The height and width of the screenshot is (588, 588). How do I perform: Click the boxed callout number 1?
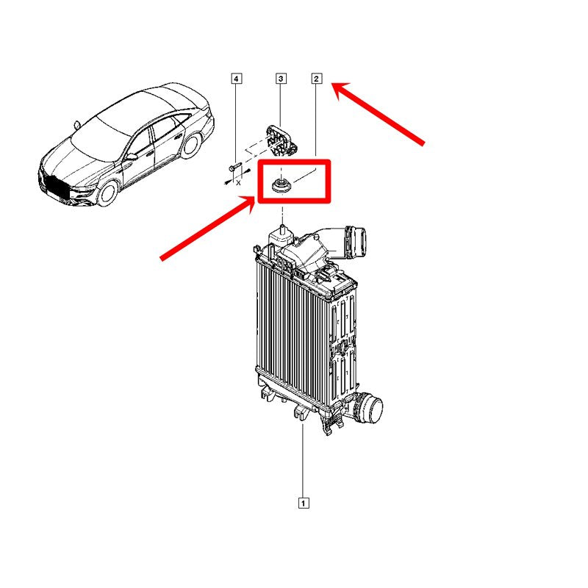[304, 503]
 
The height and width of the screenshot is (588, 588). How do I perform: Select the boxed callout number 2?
[317, 79]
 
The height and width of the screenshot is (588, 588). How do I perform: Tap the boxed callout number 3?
[281, 79]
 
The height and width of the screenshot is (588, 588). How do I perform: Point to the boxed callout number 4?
[236, 79]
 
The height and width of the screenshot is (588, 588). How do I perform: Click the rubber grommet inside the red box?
[282, 186]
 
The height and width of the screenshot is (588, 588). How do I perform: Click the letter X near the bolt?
[237, 183]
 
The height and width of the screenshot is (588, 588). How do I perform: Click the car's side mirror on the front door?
[132, 157]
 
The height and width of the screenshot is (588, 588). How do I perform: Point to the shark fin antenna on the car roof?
[76, 125]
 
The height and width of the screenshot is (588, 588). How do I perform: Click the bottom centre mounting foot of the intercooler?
[300, 412]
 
